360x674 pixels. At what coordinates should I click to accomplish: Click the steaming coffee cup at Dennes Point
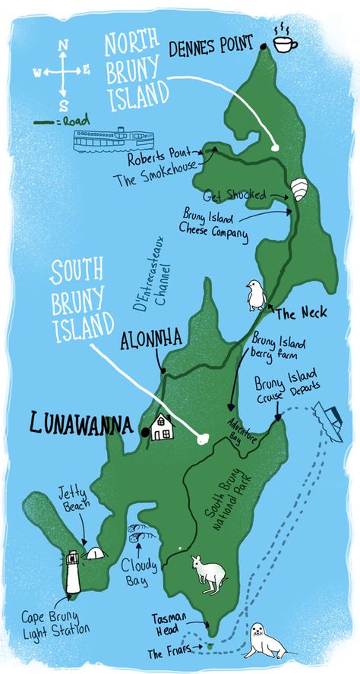pos(285,43)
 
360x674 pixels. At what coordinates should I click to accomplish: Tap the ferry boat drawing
pos(113,139)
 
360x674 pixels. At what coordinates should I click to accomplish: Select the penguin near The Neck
pos(254,295)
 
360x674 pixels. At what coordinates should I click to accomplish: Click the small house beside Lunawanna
pos(161,427)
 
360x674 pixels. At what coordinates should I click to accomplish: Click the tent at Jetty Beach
pos(94,553)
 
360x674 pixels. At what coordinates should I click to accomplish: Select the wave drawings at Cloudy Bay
pos(137,532)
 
